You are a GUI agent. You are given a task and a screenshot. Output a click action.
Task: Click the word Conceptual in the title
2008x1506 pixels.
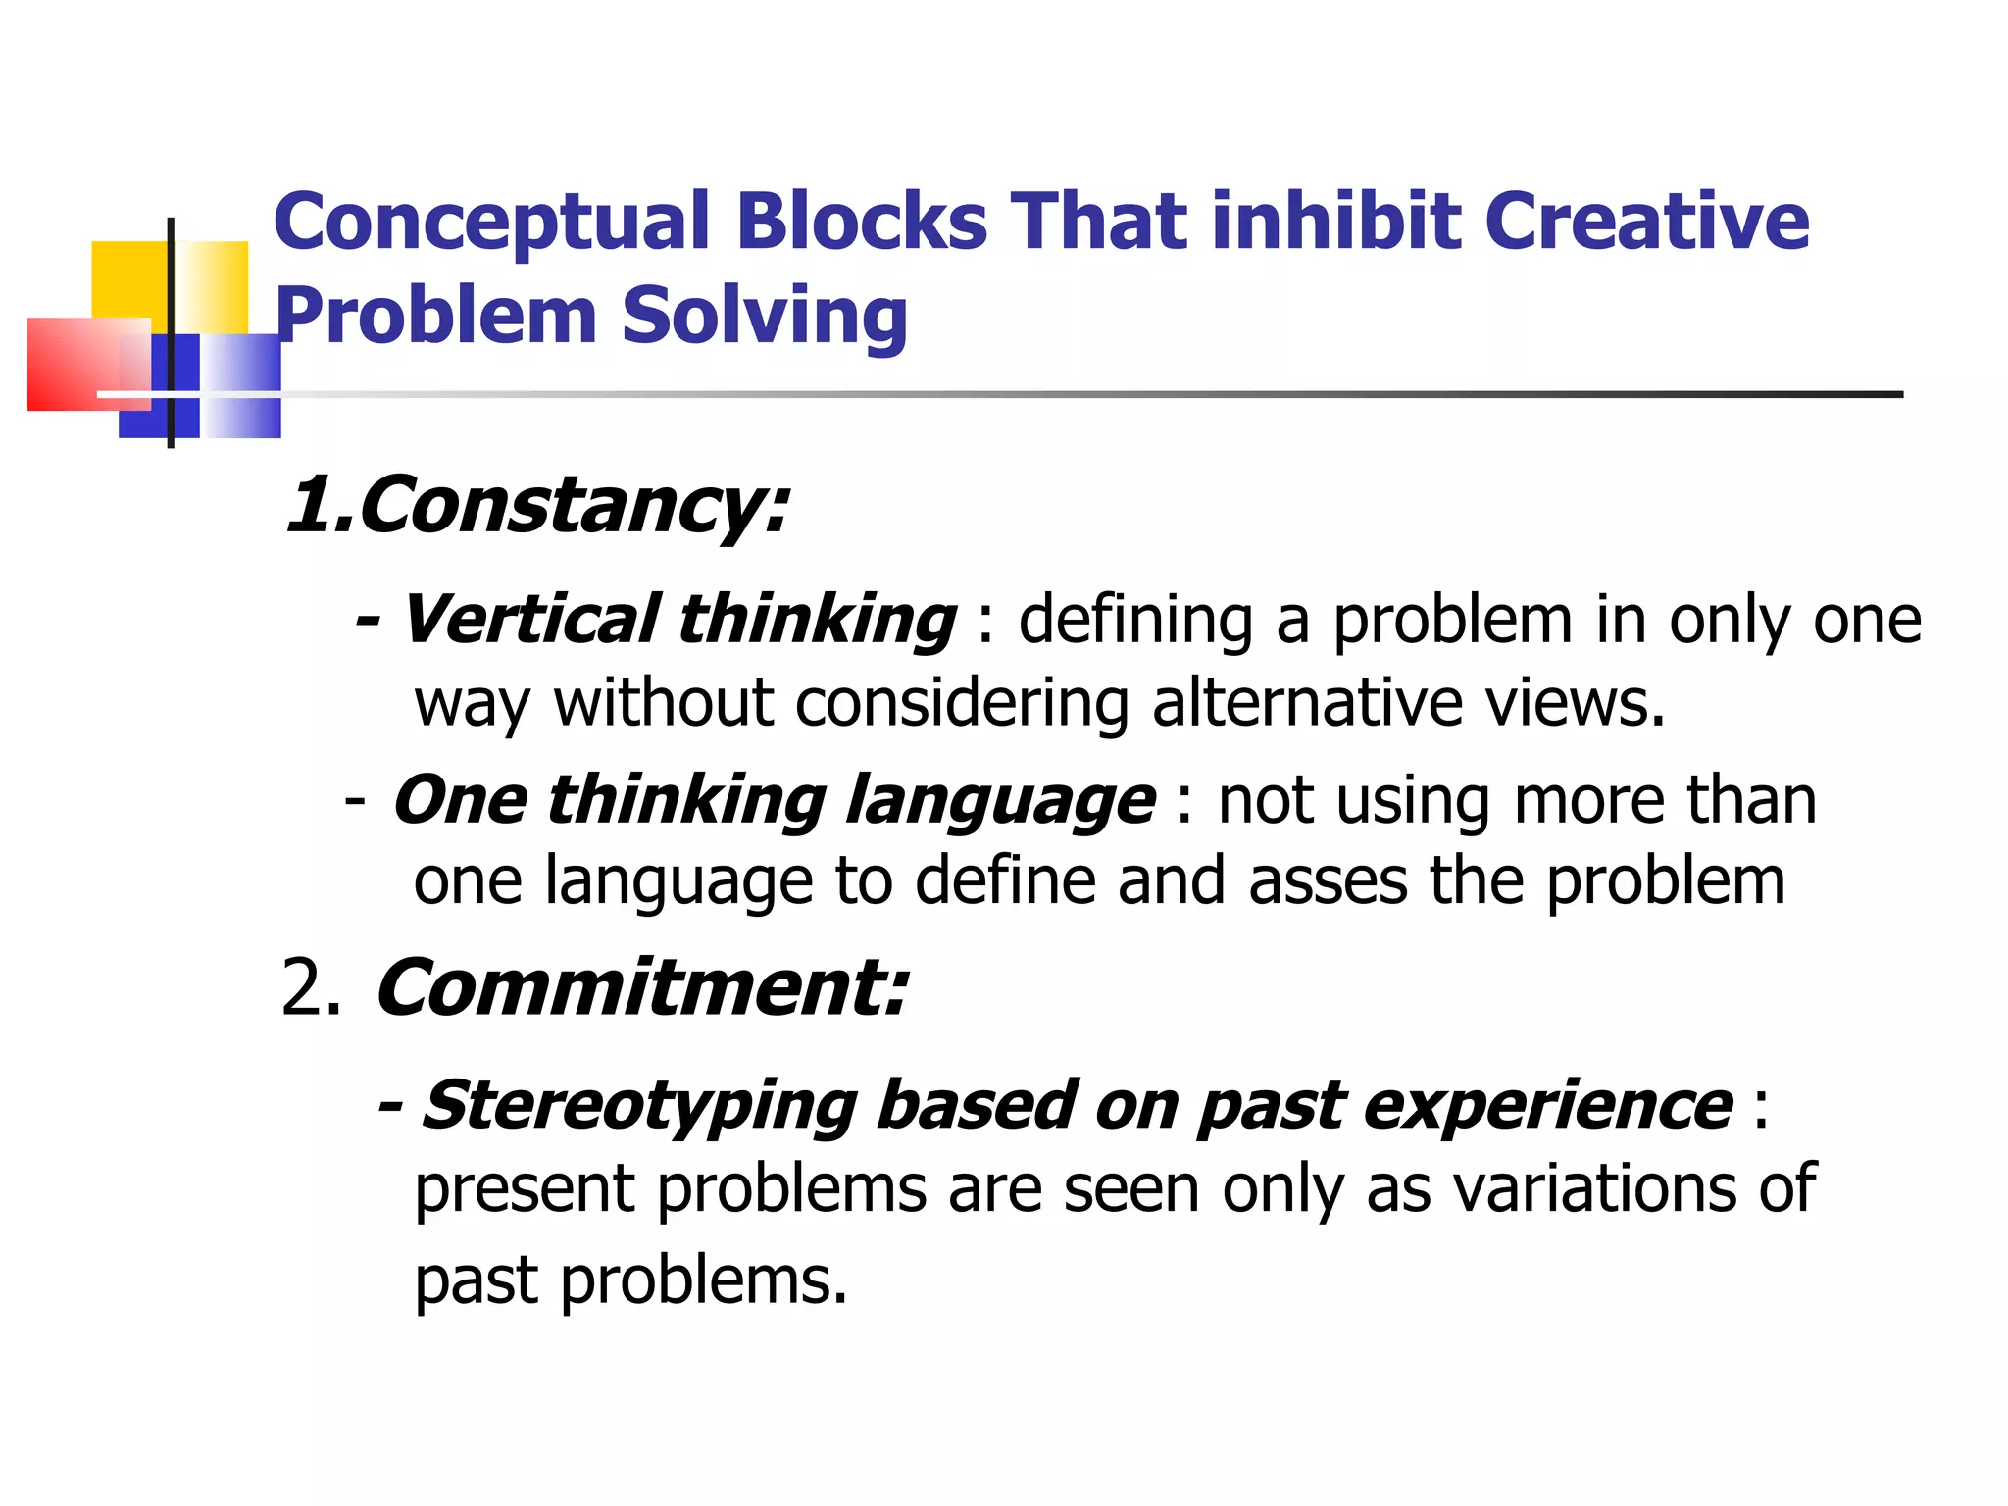(491, 224)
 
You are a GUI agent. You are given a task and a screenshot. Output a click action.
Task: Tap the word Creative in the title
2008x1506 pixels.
(1646, 222)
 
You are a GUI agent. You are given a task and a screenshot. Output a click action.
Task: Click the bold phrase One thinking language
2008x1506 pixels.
(774, 800)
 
